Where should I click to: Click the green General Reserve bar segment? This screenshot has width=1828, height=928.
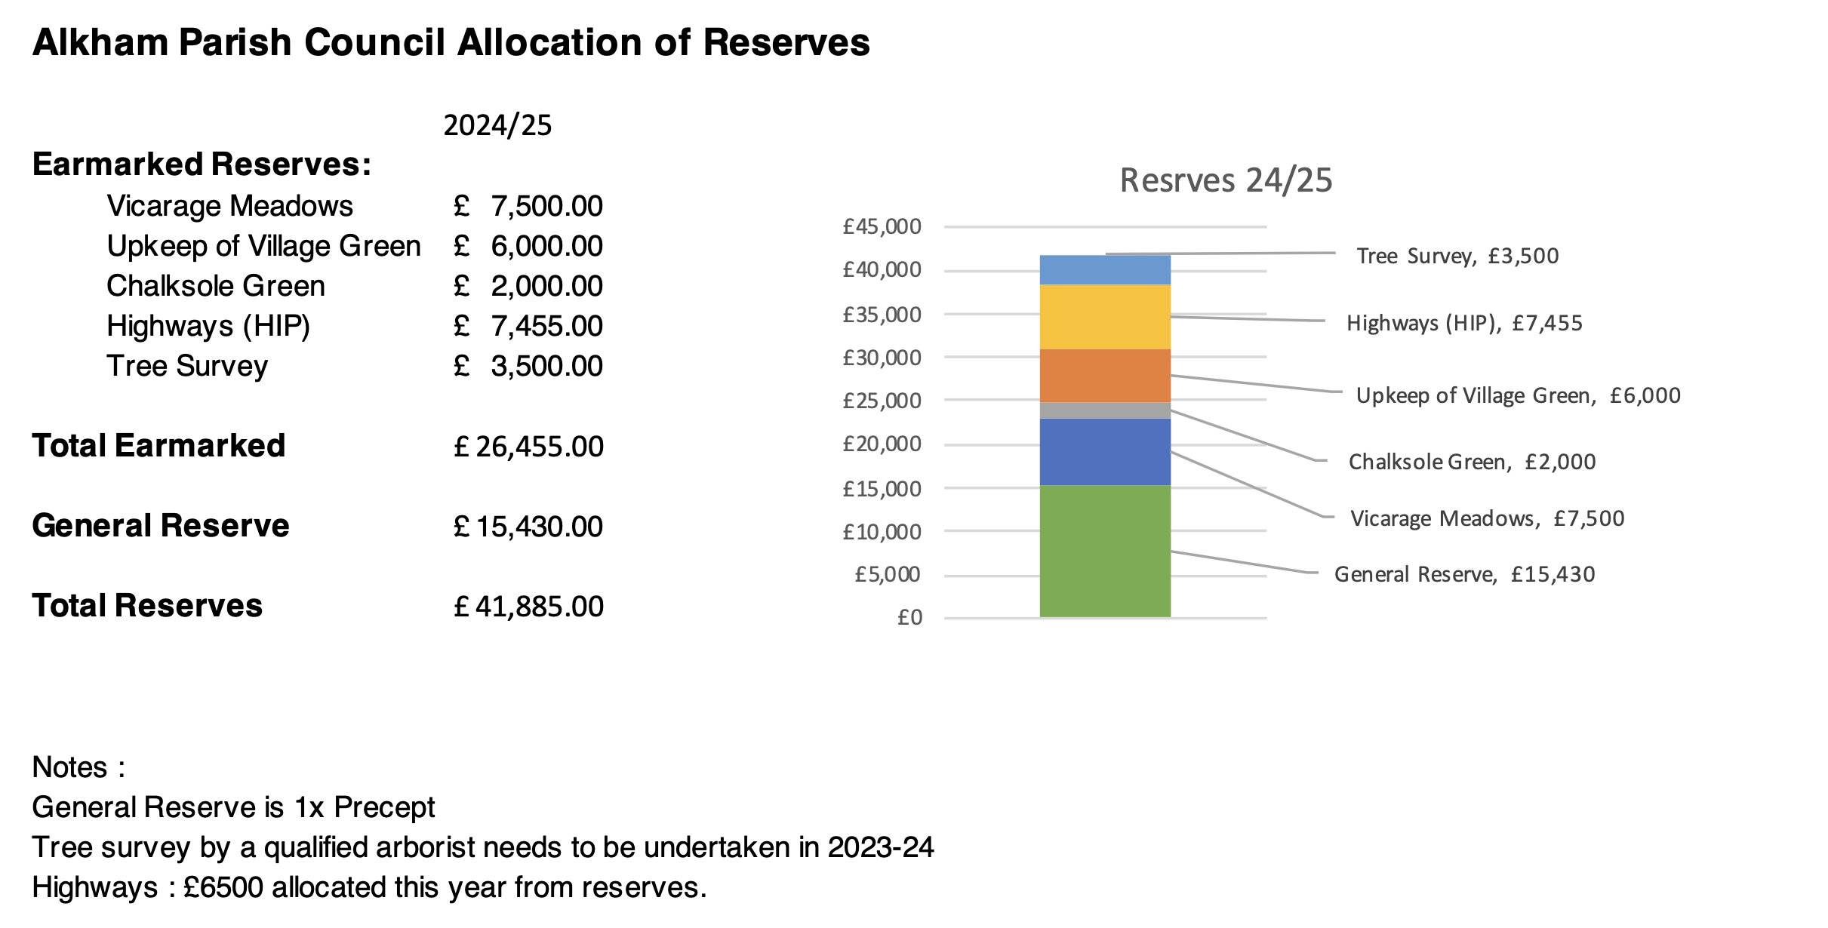point(1105,551)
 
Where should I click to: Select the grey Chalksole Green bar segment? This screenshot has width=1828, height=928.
point(1105,410)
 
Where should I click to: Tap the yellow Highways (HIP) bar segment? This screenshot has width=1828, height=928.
point(1105,317)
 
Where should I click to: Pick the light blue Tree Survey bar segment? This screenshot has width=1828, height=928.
point(1105,269)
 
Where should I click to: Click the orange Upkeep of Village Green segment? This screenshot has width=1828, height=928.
point(1105,376)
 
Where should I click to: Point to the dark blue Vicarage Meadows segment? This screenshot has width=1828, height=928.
point(1105,452)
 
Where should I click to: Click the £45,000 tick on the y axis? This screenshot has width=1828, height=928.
point(882,226)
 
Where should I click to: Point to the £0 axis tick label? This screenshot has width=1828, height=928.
point(909,618)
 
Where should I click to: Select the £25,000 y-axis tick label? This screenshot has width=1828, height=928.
point(882,401)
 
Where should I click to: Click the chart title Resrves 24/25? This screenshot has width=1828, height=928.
point(1226,180)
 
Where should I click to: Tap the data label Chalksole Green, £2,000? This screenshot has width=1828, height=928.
point(1472,462)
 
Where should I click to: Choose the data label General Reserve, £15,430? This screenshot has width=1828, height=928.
point(1464,574)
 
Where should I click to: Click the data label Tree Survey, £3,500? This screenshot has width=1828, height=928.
point(1457,256)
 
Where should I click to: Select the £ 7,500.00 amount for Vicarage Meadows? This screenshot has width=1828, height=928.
point(528,206)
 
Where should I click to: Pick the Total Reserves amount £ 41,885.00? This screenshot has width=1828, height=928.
point(528,607)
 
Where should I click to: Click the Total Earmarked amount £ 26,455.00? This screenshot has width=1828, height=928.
point(528,447)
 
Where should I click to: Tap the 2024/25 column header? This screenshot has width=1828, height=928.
point(497,125)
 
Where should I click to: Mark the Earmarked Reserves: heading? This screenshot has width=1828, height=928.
point(202,164)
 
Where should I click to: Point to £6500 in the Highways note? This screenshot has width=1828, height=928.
point(223,887)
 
